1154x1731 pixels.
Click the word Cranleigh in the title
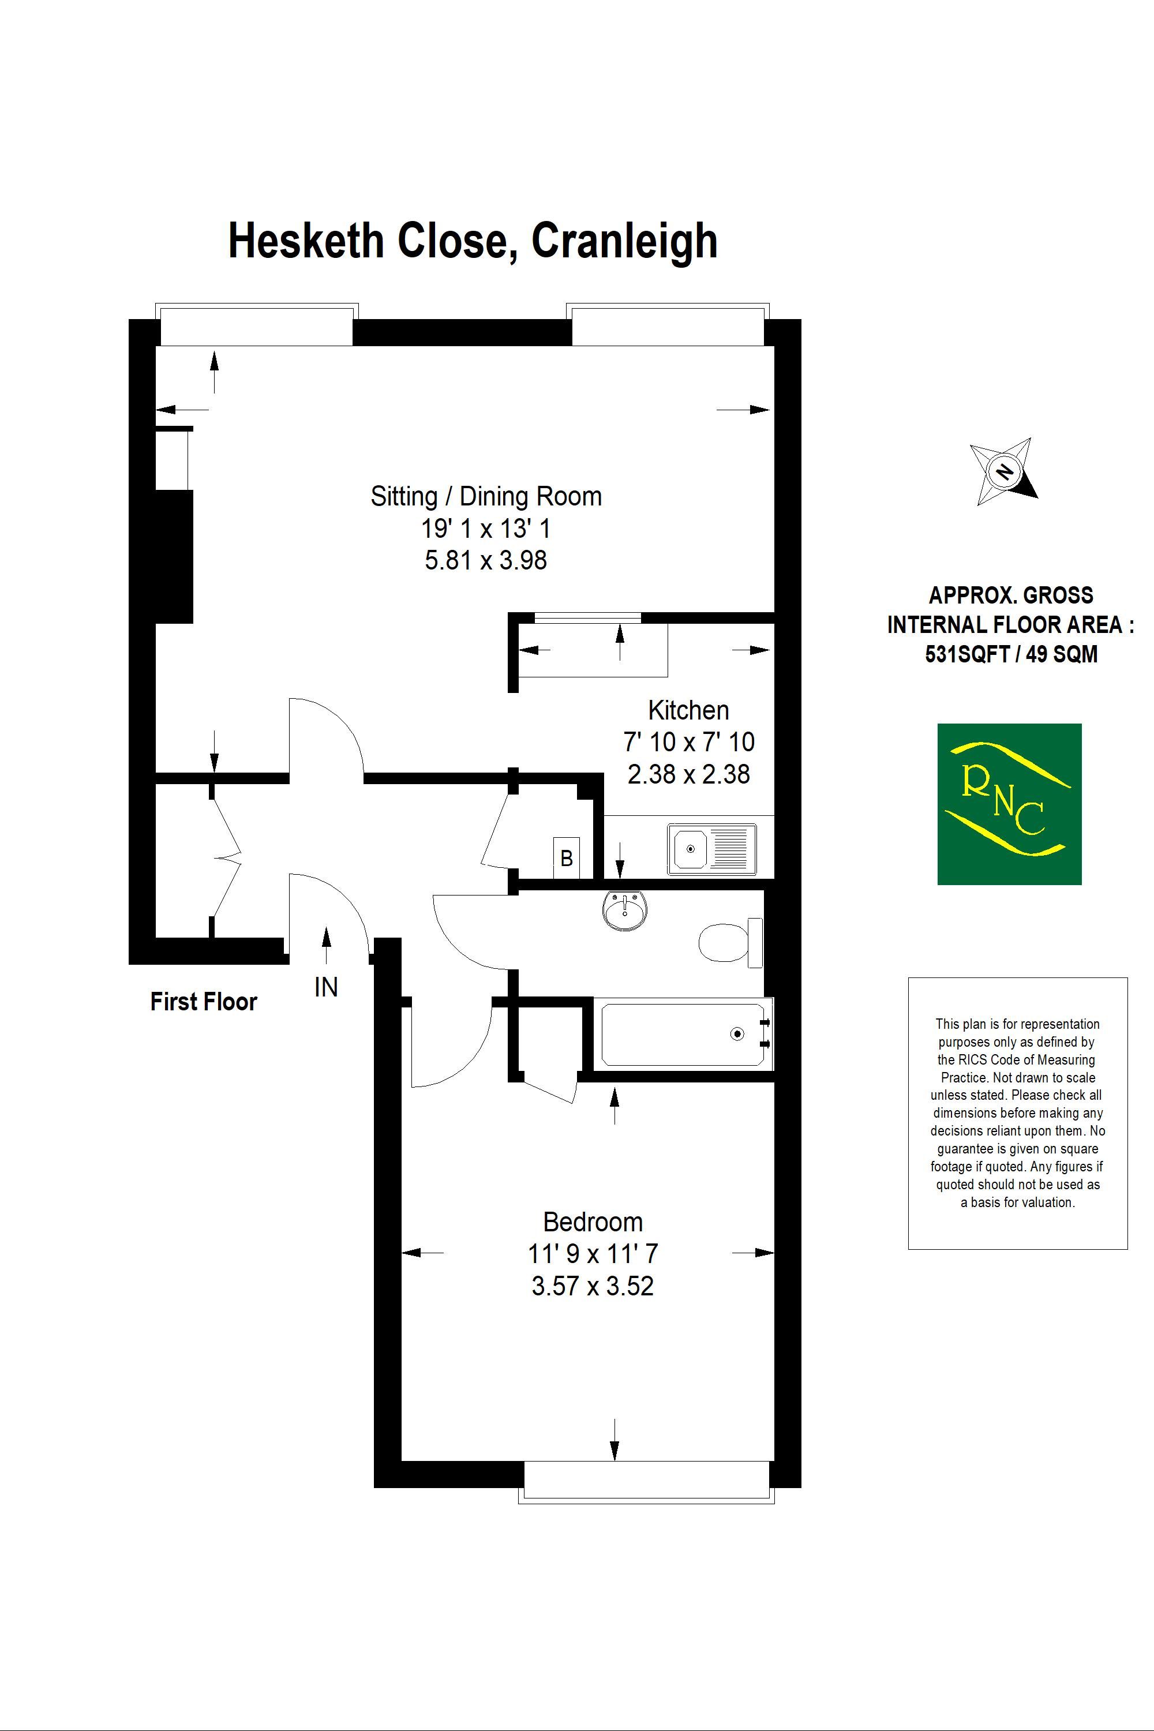(624, 241)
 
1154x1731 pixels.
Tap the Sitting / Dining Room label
(486, 497)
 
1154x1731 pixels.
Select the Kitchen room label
(689, 710)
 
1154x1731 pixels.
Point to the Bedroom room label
(593, 1223)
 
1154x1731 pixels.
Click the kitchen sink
(711, 849)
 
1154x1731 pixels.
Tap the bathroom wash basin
(625, 911)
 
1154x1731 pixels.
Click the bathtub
(683, 1035)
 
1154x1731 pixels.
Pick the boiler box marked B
(567, 858)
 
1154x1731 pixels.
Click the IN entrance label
(326, 987)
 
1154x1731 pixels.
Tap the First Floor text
(204, 1002)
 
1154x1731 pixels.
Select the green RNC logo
(1009, 804)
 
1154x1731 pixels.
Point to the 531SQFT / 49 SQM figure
(1011, 654)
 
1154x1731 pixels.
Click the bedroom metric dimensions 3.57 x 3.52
(593, 1286)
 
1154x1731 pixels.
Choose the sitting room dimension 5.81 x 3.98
(486, 560)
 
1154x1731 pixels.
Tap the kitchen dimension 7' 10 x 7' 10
(689, 742)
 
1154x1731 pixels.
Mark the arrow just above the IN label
(326, 946)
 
